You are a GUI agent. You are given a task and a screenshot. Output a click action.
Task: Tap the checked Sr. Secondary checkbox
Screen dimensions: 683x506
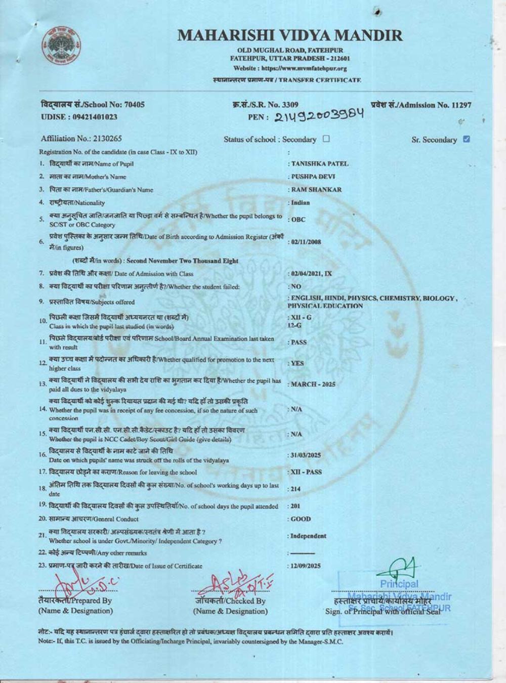point(466,139)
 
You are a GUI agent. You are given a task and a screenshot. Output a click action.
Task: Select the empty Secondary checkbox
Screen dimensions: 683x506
point(326,139)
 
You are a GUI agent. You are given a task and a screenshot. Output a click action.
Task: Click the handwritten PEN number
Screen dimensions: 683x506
point(319,116)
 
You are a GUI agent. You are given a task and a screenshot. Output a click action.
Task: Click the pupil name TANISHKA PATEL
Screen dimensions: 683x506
point(320,164)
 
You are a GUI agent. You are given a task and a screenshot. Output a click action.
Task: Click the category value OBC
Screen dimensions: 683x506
point(298,220)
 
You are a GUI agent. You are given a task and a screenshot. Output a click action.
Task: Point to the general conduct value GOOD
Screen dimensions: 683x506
point(301,519)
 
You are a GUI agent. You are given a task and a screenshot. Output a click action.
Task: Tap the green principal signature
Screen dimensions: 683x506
point(402,571)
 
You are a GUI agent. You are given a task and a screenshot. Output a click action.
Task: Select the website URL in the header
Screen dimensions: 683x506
point(290,68)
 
